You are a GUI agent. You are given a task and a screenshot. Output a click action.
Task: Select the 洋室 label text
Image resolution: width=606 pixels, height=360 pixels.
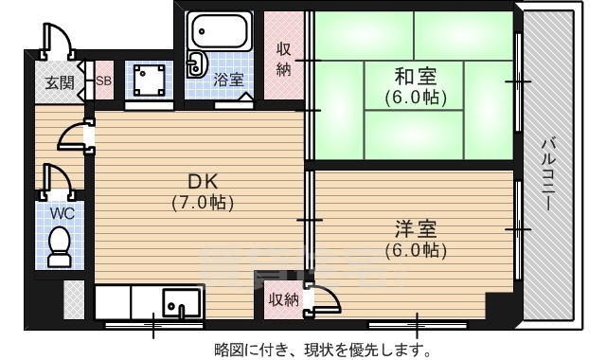[x=417, y=229]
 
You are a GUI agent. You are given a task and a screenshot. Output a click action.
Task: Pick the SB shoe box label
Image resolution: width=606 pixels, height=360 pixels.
[x=104, y=81]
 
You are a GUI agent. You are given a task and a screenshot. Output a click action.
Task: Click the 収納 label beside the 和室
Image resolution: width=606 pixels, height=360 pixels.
[x=284, y=58]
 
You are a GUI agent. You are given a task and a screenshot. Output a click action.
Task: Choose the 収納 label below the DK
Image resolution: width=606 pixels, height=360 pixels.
[x=283, y=300]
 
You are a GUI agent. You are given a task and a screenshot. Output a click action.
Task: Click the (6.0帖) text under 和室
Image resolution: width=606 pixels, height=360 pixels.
[x=417, y=96]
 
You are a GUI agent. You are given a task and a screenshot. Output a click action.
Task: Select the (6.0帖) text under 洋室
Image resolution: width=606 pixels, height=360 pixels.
[x=417, y=250]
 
